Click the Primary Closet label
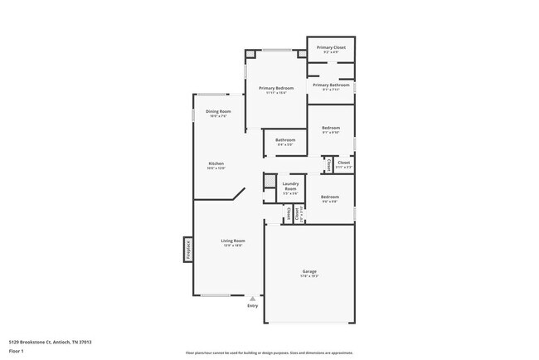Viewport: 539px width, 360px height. point(331,47)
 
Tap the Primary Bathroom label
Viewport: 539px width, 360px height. point(331,85)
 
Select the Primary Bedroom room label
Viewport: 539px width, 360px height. point(275,88)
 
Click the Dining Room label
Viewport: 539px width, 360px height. point(218,111)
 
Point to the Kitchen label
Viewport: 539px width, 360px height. point(216,163)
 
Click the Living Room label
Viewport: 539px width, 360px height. point(232,241)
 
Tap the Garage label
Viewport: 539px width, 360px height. point(308,271)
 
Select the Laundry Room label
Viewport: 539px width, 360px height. point(290,187)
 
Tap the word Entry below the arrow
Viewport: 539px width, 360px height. point(253,306)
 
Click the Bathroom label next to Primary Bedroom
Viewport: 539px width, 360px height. point(285,140)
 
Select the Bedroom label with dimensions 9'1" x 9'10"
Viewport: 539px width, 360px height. point(331,128)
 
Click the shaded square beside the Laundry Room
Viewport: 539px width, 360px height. point(269,181)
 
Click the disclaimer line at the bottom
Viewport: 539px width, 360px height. point(269,353)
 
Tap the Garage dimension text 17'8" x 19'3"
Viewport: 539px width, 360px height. point(308,276)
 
